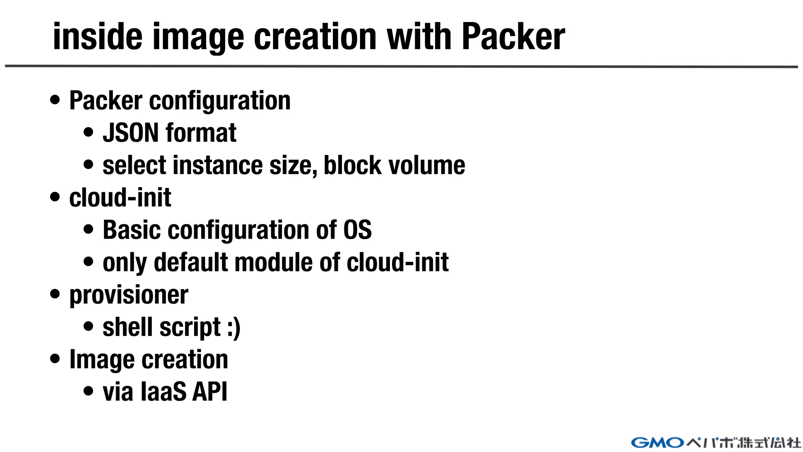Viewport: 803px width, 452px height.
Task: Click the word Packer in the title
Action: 513,36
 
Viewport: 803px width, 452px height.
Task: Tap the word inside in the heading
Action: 97,36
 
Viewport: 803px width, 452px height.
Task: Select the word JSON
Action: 131,133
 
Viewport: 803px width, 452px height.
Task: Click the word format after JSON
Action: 201,133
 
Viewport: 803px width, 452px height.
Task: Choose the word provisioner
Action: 129,295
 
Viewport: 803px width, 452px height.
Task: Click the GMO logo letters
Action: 658,443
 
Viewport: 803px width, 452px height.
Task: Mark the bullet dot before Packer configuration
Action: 55,100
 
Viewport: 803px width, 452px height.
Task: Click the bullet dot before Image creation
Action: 55,359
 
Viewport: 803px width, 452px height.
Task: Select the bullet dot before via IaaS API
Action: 89,391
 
